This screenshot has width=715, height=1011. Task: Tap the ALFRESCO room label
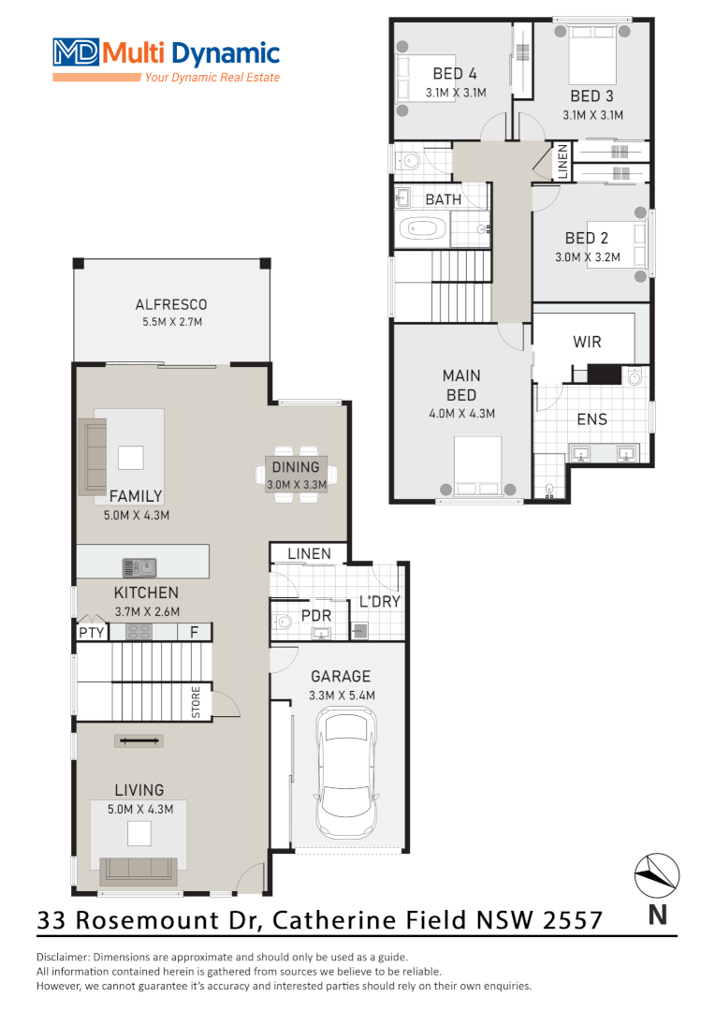tap(170, 305)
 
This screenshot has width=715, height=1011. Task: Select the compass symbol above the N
tap(657, 875)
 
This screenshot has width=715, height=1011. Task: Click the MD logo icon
tap(76, 52)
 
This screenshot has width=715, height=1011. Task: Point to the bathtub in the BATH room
tap(424, 228)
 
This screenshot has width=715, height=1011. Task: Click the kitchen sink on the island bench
tap(139, 566)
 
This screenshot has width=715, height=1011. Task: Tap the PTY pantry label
tap(91, 632)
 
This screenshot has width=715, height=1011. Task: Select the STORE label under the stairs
tap(197, 702)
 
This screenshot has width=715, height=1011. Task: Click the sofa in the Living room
tap(139, 870)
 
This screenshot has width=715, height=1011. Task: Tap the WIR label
tap(587, 343)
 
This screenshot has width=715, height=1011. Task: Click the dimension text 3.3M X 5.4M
tap(342, 696)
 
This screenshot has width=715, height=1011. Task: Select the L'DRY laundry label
tap(379, 602)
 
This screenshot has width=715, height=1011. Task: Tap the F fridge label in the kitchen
tap(194, 632)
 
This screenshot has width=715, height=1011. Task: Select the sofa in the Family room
tap(95, 457)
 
